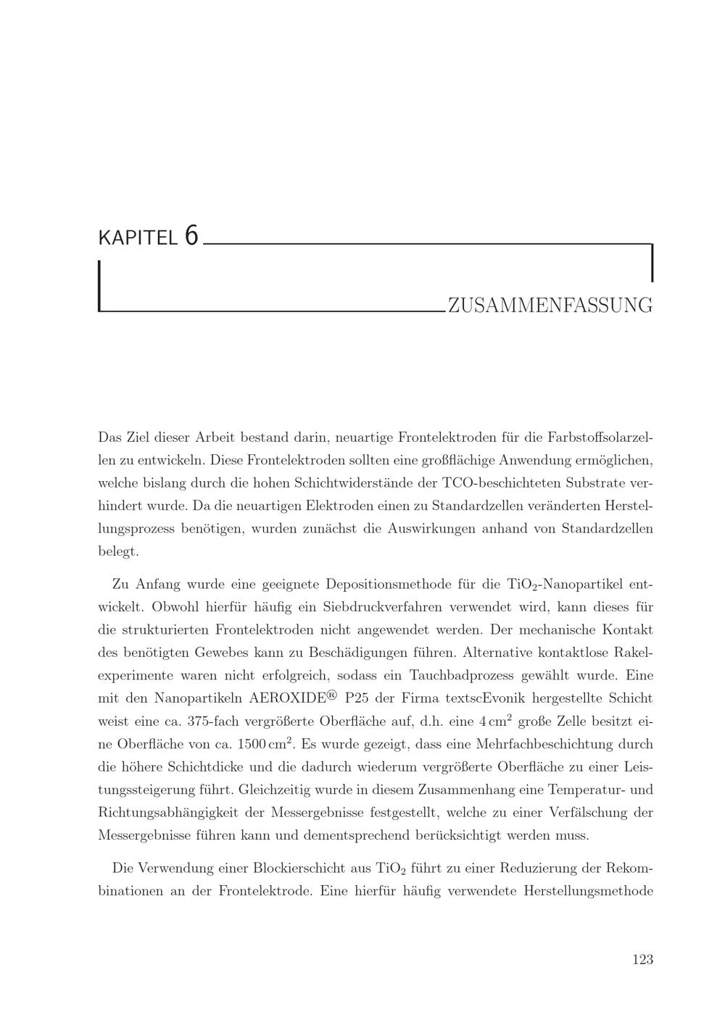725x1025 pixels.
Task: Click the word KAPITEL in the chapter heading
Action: click(137, 238)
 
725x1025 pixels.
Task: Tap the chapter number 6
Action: click(191, 235)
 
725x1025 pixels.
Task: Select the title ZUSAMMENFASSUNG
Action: click(550, 306)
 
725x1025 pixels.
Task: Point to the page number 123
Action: click(642, 959)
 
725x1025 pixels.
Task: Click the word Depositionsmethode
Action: click(386, 584)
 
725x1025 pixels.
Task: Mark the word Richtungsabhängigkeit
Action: click(170, 813)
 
